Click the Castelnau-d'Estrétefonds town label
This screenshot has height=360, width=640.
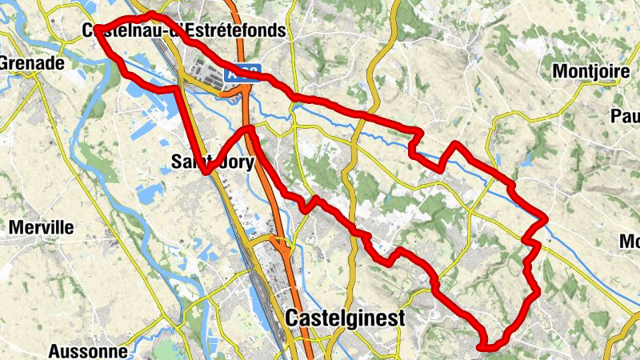coord(184,31)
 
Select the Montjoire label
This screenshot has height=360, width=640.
coord(591,72)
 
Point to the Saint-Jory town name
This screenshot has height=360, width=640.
coord(212,162)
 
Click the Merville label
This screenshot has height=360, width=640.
coord(41,228)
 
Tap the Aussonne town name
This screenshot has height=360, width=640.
coord(87,351)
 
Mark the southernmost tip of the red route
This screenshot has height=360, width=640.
coord(485,347)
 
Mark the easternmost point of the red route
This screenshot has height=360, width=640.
coord(545,218)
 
